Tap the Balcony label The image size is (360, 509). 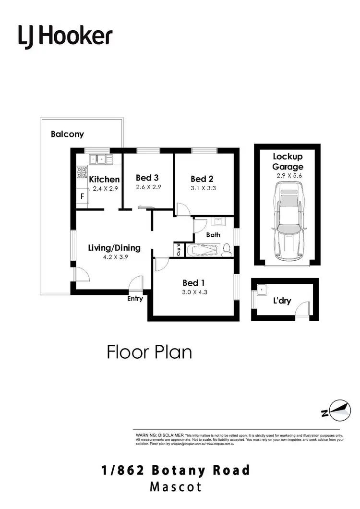pos(67,134)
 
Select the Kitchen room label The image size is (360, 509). pos(104,179)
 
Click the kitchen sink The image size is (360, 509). pos(98,158)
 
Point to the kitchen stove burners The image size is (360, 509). pos(82,172)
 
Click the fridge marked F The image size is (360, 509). pos(82,196)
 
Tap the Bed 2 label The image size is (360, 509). pos(202,179)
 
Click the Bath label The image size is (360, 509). pos(213,235)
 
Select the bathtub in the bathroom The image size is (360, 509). pos(202,250)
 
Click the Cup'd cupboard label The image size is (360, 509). pos(178,250)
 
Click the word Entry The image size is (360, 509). pos(135,299)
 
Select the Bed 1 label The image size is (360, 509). pos(194,283)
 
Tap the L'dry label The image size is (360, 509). pos(283,301)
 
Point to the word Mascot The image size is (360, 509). pos(176,486)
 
